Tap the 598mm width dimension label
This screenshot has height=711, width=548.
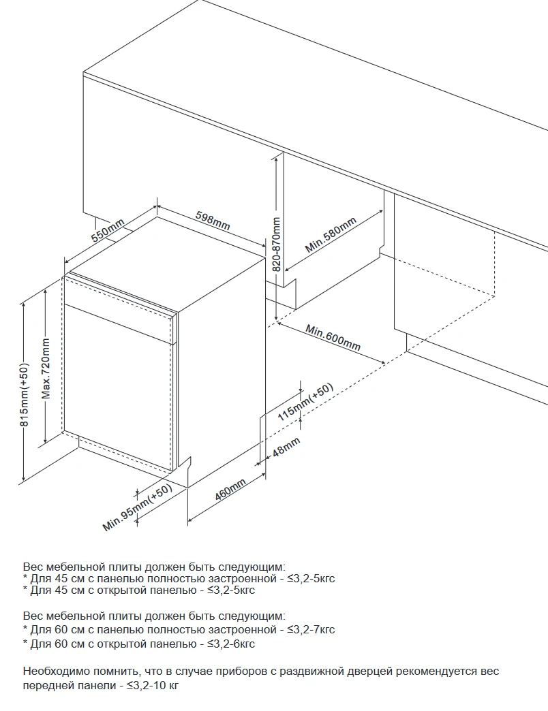pyautogui.click(x=213, y=220)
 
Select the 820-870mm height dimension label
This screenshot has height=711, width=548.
pyautogui.click(x=276, y=244)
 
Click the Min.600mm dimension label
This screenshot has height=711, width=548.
pyautogui.click(x=333, y=337)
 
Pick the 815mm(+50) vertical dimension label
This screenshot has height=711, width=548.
pyautogui.click(x=25, y=394)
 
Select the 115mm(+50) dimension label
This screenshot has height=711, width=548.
pyautogui.click(x=305, y=402)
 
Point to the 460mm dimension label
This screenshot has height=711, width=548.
pyautogui.click(x=230, y=490)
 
